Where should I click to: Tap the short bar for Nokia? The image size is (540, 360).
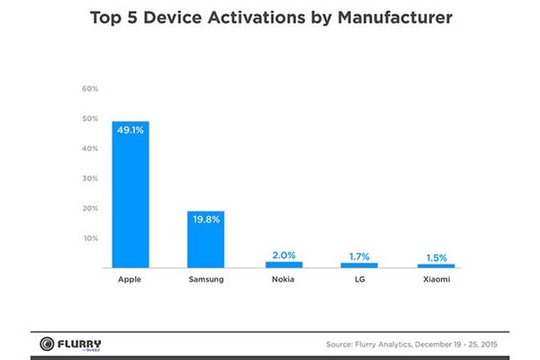(283, 265)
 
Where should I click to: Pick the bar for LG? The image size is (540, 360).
(359, 265)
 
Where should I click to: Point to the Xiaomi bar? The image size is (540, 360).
(436, 266)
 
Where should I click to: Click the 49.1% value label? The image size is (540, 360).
(130, 130)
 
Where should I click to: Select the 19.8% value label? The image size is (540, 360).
(206, 219)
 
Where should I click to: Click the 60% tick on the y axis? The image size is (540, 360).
(90, 88)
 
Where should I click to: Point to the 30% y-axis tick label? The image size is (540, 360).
(90, 178)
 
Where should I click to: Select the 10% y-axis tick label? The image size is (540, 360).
(90, 238)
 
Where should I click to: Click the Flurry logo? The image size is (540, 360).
(71, 344)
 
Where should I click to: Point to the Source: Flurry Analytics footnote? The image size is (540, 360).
(418, 345)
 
